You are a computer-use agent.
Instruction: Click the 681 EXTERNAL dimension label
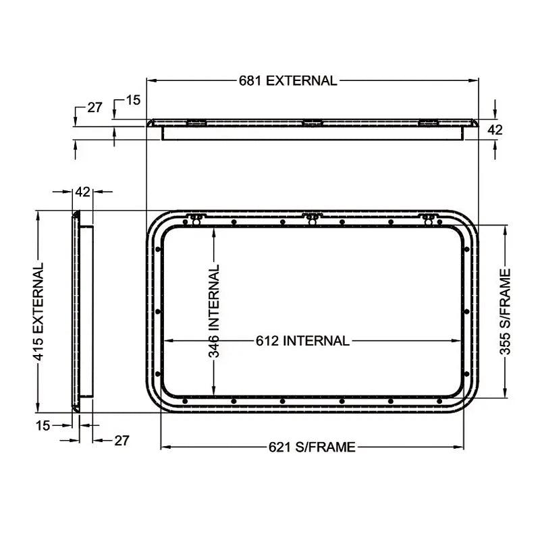288,80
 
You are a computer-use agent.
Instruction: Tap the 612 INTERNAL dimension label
302,341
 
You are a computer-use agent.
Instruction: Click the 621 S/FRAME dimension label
312,447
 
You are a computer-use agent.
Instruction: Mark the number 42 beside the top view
495,130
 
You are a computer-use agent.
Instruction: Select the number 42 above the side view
82,192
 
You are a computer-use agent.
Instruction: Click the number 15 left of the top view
133,101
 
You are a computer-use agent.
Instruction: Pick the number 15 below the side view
43,425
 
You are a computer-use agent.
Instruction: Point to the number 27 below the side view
121,440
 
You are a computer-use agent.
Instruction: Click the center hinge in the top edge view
311,123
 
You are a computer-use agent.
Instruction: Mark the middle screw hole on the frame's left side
157,312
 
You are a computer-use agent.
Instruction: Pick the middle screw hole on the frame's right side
466,312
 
